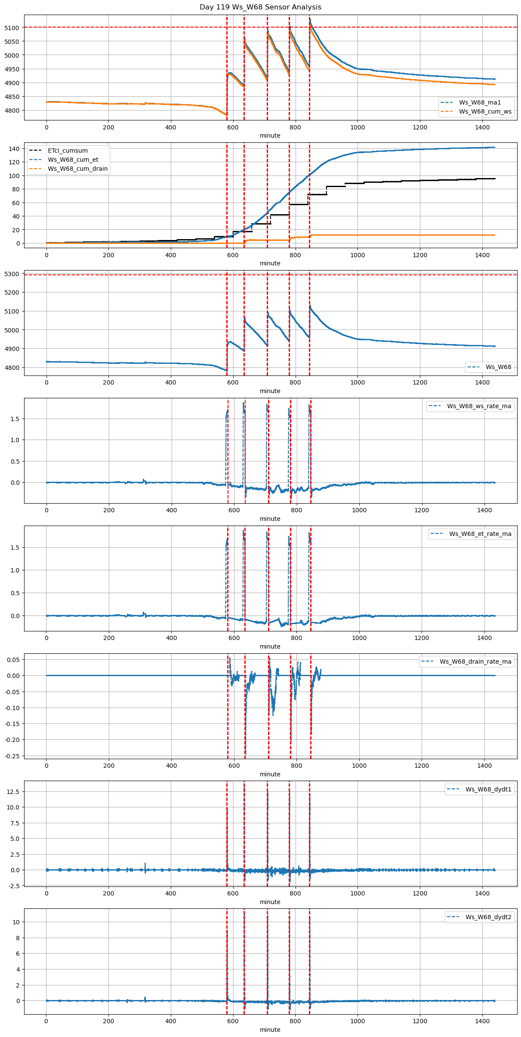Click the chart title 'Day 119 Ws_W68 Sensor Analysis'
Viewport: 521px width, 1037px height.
260,7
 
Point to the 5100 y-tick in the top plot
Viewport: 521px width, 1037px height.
12,28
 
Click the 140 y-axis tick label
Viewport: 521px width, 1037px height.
15,149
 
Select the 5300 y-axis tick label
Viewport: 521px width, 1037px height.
12,274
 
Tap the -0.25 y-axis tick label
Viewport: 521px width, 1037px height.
12,756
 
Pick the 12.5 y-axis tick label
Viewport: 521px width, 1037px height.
13,791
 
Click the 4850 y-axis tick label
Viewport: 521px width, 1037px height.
12,97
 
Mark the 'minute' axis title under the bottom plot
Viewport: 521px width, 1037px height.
270,1030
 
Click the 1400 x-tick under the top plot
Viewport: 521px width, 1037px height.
482,127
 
